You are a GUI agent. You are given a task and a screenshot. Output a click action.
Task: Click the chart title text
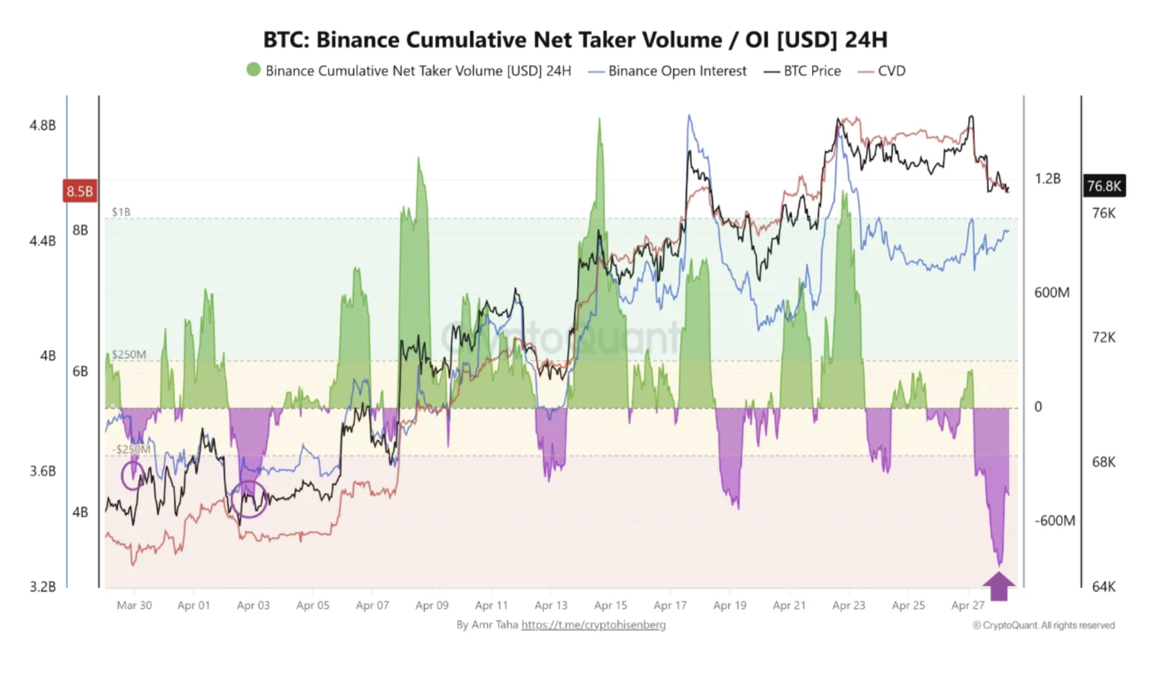(x=575, y=40)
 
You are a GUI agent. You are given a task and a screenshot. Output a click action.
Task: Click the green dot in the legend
(x=254, y=70)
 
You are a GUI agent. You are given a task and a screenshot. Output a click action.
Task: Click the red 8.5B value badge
(x=80, y=191)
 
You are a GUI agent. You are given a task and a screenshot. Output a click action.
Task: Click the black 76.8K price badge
(x=1104, y=186)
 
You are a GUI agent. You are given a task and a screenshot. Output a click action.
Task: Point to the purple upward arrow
(x=999, y=586)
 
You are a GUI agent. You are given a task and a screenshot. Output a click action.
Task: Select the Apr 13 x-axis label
(x=551, y=605)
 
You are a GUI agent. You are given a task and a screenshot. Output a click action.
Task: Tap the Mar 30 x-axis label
(x=134, y=605)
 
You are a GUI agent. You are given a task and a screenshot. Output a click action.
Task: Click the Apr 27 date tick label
(x=967, y=605)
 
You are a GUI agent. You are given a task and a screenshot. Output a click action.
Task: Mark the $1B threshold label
(x=121, y=212)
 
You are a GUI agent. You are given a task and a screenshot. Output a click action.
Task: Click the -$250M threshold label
(x=131, y=449)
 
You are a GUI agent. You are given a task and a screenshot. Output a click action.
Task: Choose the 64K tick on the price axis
(x=1103, y=587)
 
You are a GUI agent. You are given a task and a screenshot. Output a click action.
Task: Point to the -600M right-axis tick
(x=1054, y=520)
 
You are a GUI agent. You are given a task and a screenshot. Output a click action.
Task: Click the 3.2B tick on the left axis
(x=43, y=587)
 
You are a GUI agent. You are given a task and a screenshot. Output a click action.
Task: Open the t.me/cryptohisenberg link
(x=593, y=625)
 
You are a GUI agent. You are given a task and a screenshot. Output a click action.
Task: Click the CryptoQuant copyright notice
(x=1043, y=625)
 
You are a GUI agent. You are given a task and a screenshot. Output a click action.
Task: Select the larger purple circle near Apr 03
(x=249, y=499)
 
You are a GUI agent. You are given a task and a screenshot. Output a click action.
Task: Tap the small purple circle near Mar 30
(x=133, y=475)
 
